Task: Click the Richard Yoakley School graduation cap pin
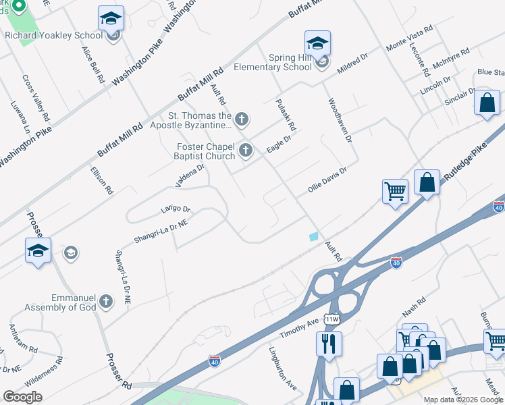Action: pyautogui.click(x=111, y=19)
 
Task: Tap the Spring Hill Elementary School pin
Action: pyautogui.click(x=317, y=44)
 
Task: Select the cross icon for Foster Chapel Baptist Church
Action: pyautogui.click(x=245, y=151)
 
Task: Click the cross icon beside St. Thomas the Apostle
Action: pyautogui.click(x=241, y=120)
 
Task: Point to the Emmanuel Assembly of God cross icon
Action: pyautogui.click(x=105, y=301)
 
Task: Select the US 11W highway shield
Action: pyautogui.click(x=331, y=317)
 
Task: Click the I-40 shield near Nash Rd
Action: pyautogui.click(x=396, y=261)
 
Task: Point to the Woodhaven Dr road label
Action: pyautogui.click(x=340, y=120)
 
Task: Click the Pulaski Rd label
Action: pyautogui.click(x=286, y=115)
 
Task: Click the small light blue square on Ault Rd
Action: pyautogui.click(x=313, y=236)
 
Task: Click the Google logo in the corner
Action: pyautogui.click(x=22, y=397)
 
